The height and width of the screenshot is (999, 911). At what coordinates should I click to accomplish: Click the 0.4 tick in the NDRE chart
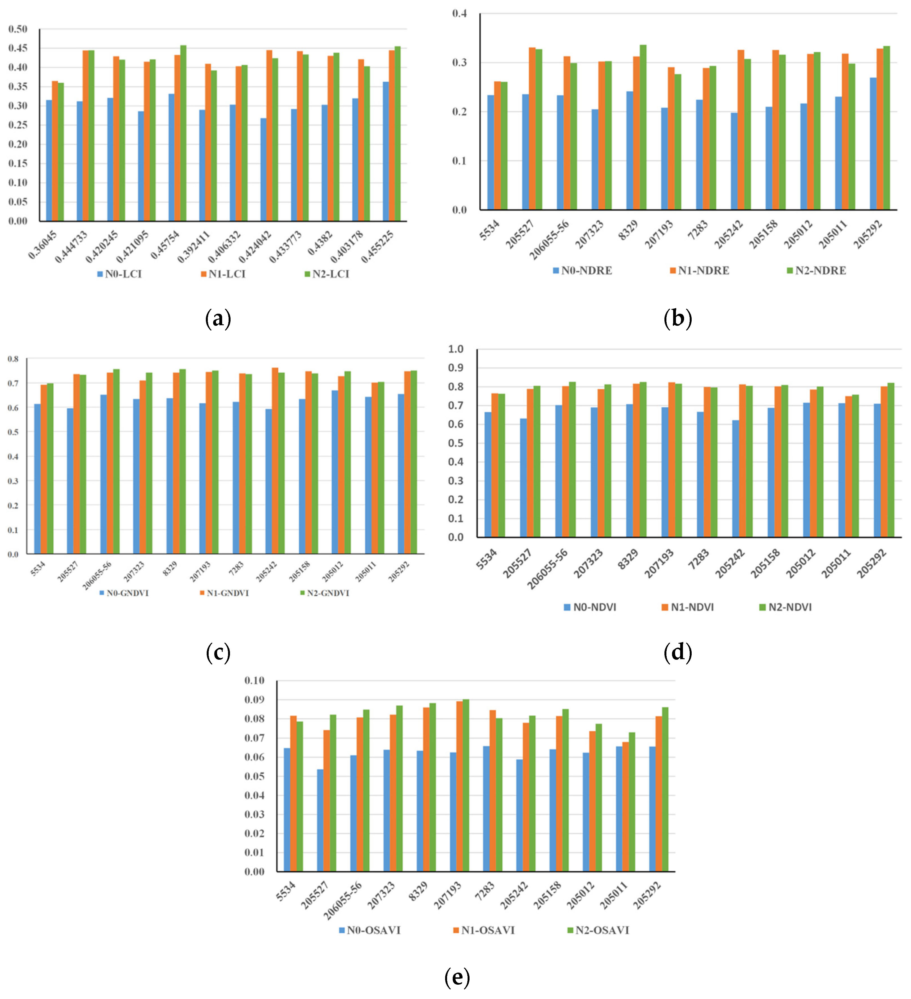click(x=459, y=13)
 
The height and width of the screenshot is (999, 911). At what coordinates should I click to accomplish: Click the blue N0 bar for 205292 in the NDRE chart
click(x=873, y=144)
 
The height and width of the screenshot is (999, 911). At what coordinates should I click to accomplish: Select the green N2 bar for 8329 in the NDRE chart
click(x=643, y=127)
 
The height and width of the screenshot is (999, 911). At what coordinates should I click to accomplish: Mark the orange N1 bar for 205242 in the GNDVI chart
click(x=275, y=461)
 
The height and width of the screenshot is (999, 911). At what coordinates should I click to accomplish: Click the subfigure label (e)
click(x=457, y=978)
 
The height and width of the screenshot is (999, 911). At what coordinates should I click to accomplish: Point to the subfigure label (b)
click(x=677, y=319)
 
